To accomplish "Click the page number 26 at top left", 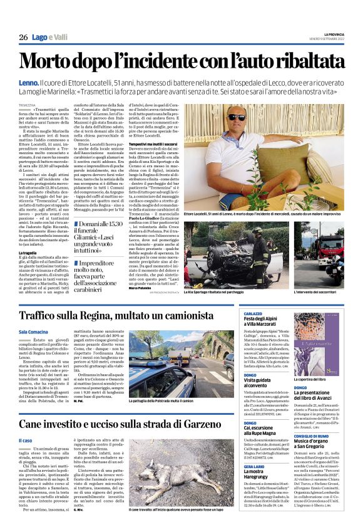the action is (23, 38).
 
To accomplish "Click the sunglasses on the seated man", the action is (254, 117).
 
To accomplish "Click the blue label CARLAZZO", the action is (253, 312).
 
